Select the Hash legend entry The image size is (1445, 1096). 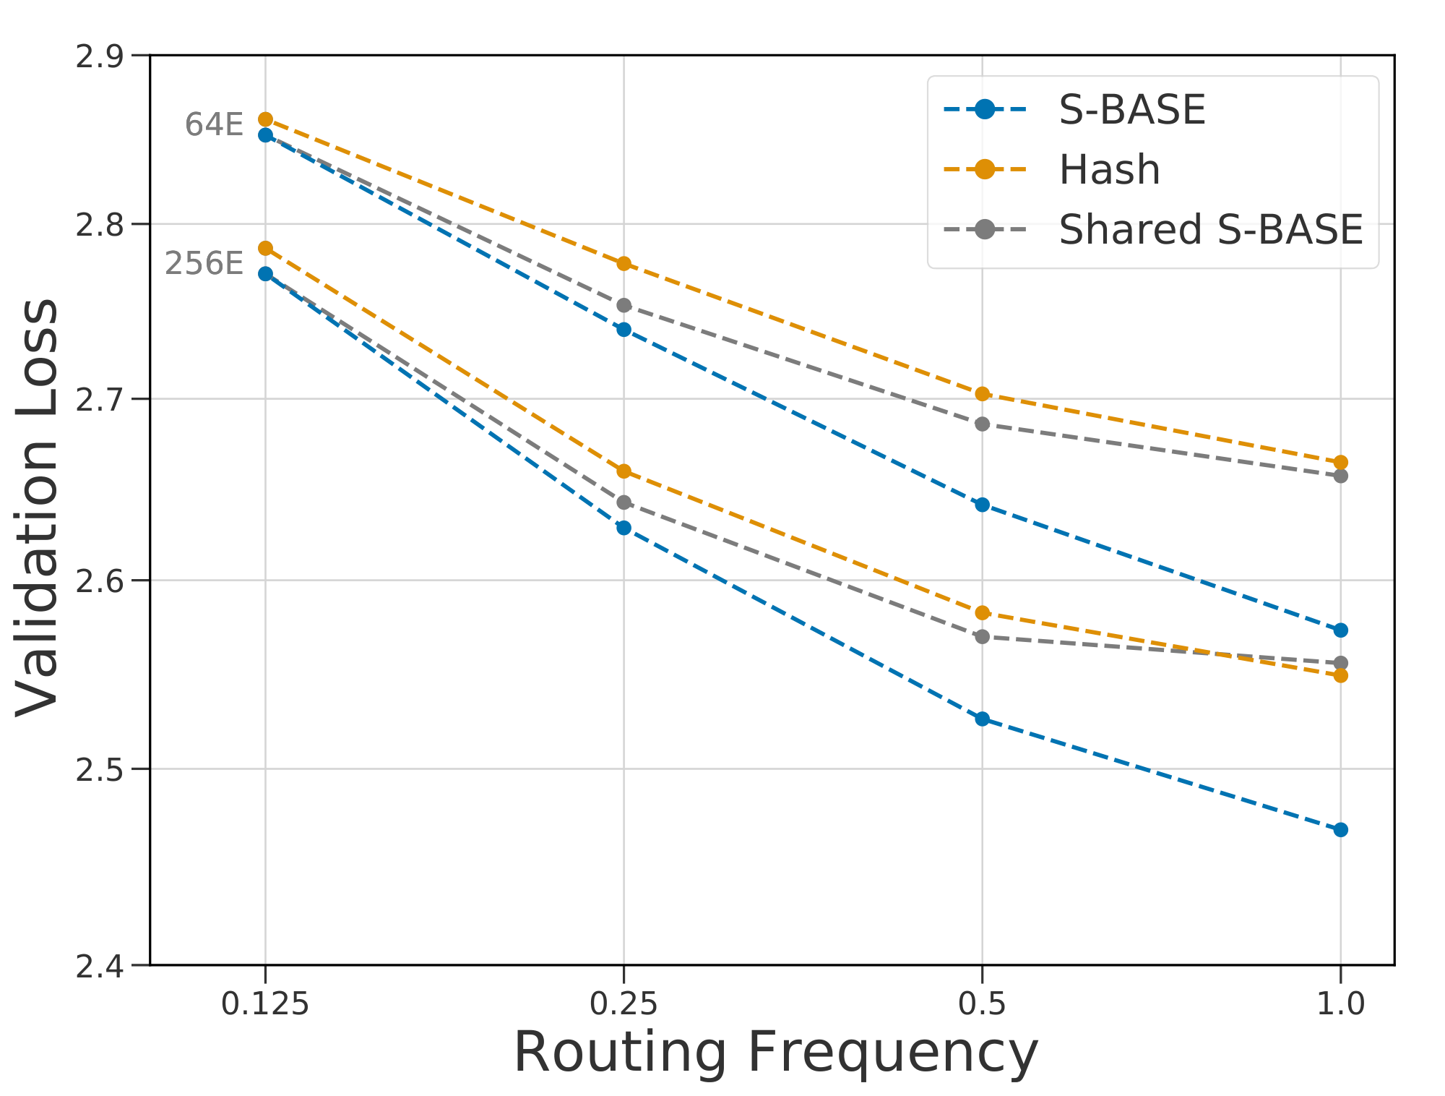coord(1109,170)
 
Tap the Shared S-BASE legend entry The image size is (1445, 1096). coord(1210,229)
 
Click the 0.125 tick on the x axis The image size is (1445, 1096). coord(265,1003)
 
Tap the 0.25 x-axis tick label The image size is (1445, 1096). coord(624,1003)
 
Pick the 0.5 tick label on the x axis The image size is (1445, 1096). coord(982,1003)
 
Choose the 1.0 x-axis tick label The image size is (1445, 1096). coord(1340,1003)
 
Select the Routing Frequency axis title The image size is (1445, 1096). coord(775,1053)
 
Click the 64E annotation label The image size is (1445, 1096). coord(214,124)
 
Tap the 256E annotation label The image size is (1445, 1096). coord(204,263)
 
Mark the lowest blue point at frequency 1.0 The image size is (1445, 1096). coord(1340,829)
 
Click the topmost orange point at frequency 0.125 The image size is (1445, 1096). coord(265,119)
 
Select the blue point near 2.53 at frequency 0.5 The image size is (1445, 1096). coord(982,719)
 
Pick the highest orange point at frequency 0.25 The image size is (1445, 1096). coord(624,263)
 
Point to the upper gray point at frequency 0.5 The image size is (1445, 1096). coord(982,424)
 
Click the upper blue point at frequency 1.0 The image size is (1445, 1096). coord(1340,630)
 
